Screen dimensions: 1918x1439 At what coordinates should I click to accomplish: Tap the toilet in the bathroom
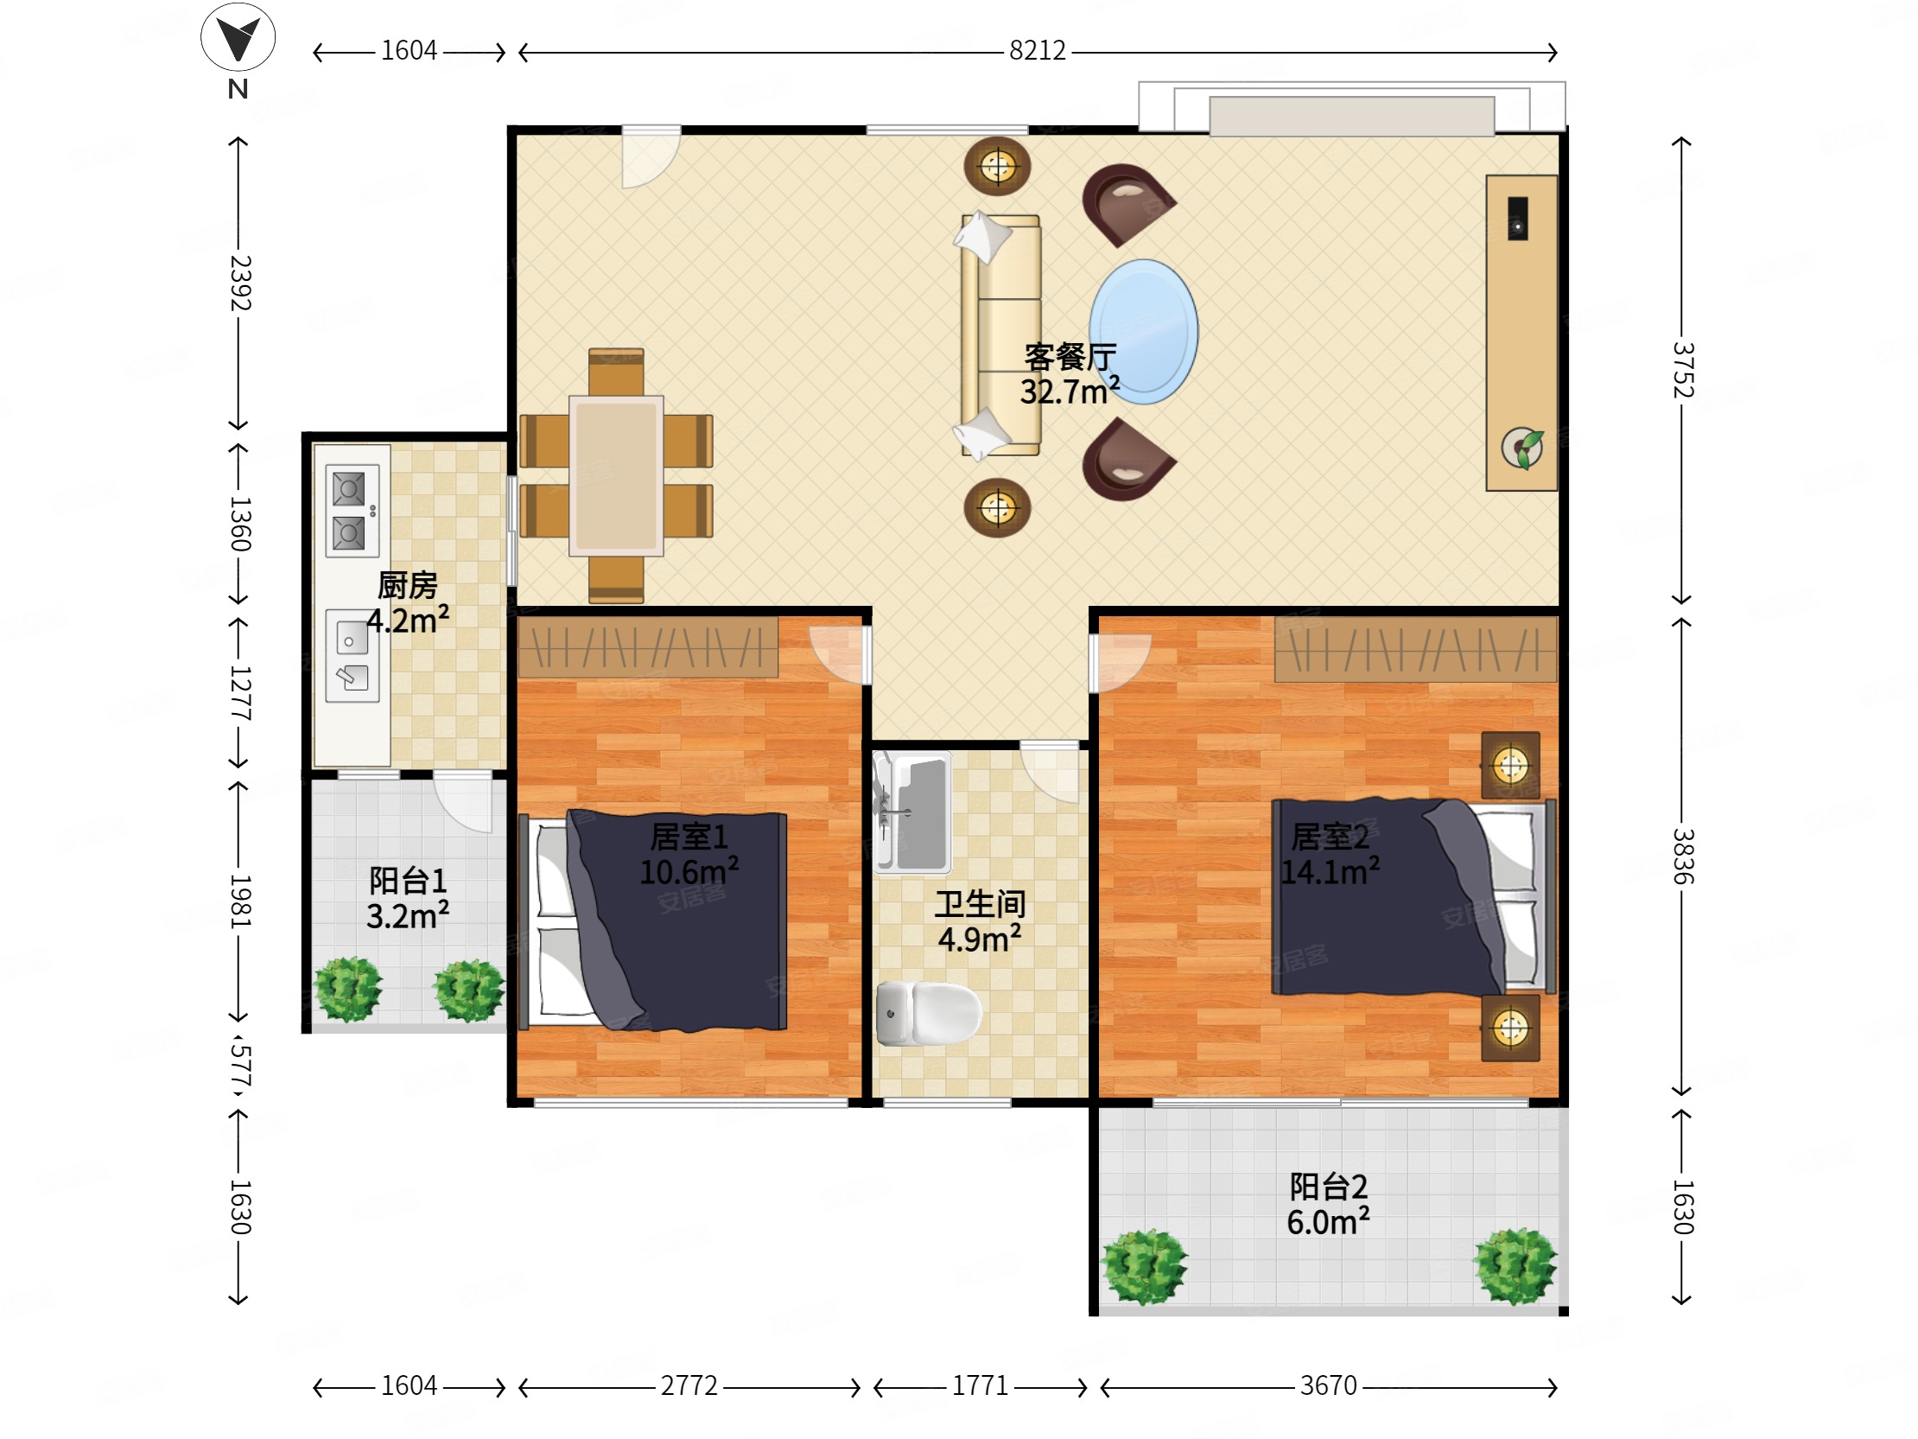coord(928,1013)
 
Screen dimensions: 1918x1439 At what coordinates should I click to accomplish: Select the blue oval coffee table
coord(1144,331)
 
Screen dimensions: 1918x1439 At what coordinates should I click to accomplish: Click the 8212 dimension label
coord(1037,50)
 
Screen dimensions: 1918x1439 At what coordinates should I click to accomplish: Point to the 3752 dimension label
coord(1683,370)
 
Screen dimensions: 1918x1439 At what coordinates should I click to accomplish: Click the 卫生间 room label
coord(980,904)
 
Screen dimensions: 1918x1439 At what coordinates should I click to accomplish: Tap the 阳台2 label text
coord(1329,1187)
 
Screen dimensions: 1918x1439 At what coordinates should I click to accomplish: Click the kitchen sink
coord(352,656)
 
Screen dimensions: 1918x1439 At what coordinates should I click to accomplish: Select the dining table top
coord(617,475)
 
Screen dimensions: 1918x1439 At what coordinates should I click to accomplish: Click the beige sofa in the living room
coord(1000,334)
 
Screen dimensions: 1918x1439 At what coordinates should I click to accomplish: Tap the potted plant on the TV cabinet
coord(1522,449)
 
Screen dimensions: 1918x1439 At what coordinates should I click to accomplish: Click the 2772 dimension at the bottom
coord(689,1386)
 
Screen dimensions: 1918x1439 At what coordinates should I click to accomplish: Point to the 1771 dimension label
coord(980,1386)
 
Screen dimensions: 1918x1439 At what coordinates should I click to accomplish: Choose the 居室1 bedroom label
coord(689,837)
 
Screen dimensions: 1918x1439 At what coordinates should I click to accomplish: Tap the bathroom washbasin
coord(912,812)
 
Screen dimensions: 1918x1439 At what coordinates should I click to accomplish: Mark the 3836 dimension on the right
coord(1683,856)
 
